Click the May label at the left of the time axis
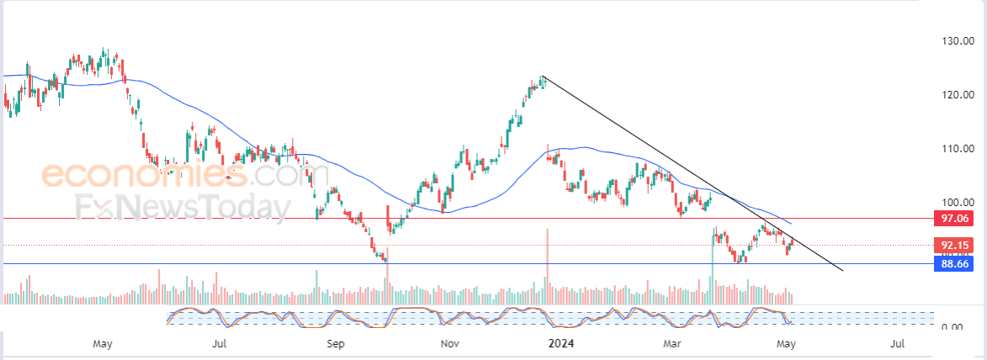click(103, 344)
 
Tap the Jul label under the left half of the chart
click(219, 344)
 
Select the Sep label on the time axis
click(335, 344)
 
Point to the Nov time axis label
click(449, 344)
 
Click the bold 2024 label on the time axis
click(561, 344)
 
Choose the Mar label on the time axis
click(671, 344)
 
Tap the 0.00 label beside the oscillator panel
click(952, 327)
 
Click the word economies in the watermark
click(144, 176)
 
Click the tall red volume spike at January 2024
click(547, 265)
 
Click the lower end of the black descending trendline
click(842, 271)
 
